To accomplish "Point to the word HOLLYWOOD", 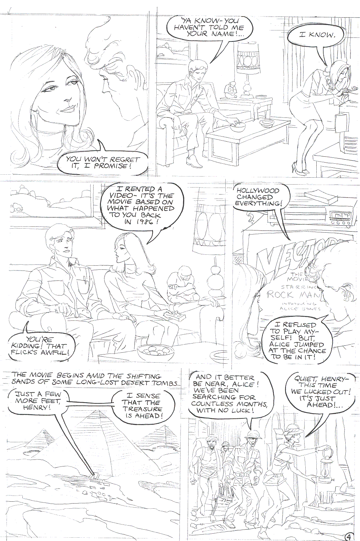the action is point(258,190).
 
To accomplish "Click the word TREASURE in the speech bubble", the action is point(142,409).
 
